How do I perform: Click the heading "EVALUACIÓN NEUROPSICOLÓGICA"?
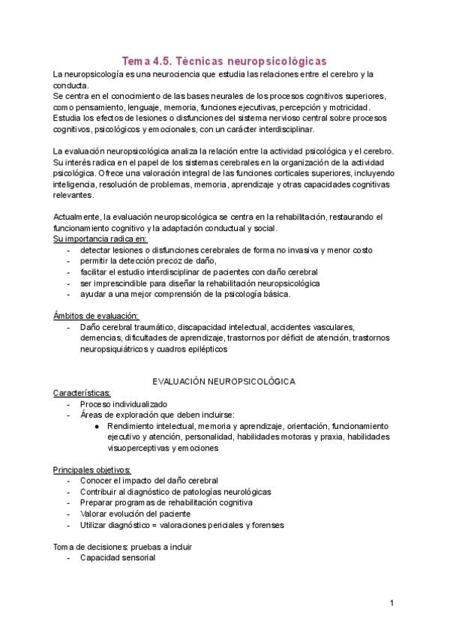[224, 381]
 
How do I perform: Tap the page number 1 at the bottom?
[391, 603]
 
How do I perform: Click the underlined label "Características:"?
[82, 392]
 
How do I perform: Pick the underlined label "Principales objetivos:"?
[91, 469]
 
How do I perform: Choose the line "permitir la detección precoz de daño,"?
[148, 260]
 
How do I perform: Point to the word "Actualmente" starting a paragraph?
[77, 217]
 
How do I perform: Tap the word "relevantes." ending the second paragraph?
[74, 195]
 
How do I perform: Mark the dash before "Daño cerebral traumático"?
[69, 327]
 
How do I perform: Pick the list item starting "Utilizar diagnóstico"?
[182, 525]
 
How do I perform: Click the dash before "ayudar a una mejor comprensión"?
[69, 293]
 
